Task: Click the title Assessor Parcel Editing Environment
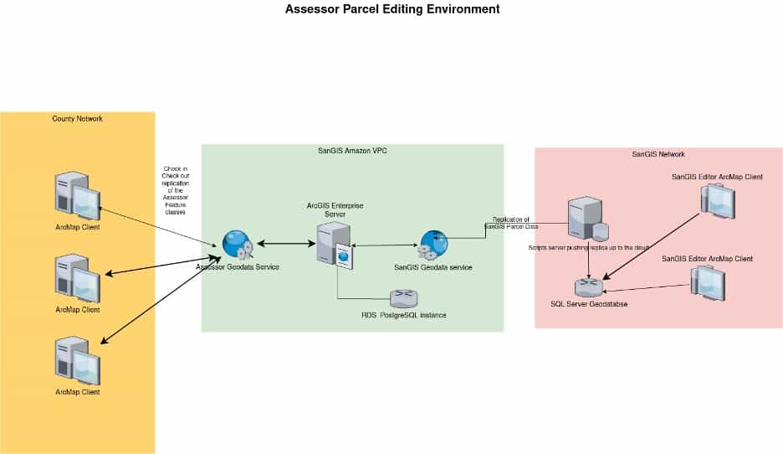pyautogui.click(x=392, y=10)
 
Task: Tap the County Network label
pyautogui.click(x=77, y=119)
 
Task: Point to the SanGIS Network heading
pyautogui.click(x=658, y=154)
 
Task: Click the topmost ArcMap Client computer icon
pyautogui.click(x=77, y=197)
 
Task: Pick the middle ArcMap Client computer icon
pyautogui.click(x=77, y=279)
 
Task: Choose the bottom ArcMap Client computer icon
pyautogui.click(x=77, y=361)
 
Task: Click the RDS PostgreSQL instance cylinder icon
pyautogui.click(x=403, y=297)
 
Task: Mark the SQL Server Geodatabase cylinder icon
pyautogui.click(x=589, y=287)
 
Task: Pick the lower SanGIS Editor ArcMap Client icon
pyautogui.click(x=707, y=284)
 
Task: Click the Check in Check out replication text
pyautogui.click(x=176, y=191)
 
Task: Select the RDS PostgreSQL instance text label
pyautogui.click(x=403, y=315)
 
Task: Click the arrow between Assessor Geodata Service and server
pyautogui.click(x=285, y=244)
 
